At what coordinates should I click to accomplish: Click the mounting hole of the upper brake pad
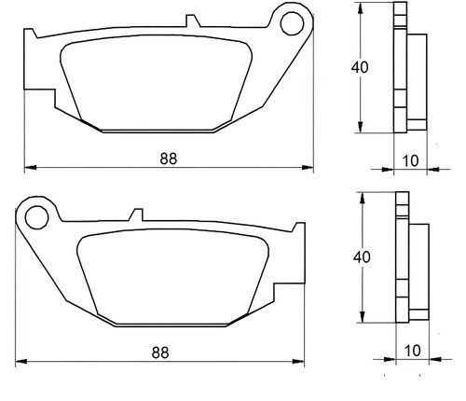pos(292,23)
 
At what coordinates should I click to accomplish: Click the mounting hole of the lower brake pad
pos(37,217)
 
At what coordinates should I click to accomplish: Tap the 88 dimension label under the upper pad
pos(169,159)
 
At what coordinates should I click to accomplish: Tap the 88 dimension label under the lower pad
pos(160,353)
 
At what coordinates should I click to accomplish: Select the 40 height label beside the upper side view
pos(360,67)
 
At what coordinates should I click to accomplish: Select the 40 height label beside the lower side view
pos(362,256)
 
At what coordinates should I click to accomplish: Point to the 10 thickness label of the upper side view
pos(410,160)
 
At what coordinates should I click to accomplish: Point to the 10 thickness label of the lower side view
pos(413,351)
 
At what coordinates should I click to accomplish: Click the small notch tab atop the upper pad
pos(193,21)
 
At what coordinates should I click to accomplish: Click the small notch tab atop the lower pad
pos(136,214)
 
